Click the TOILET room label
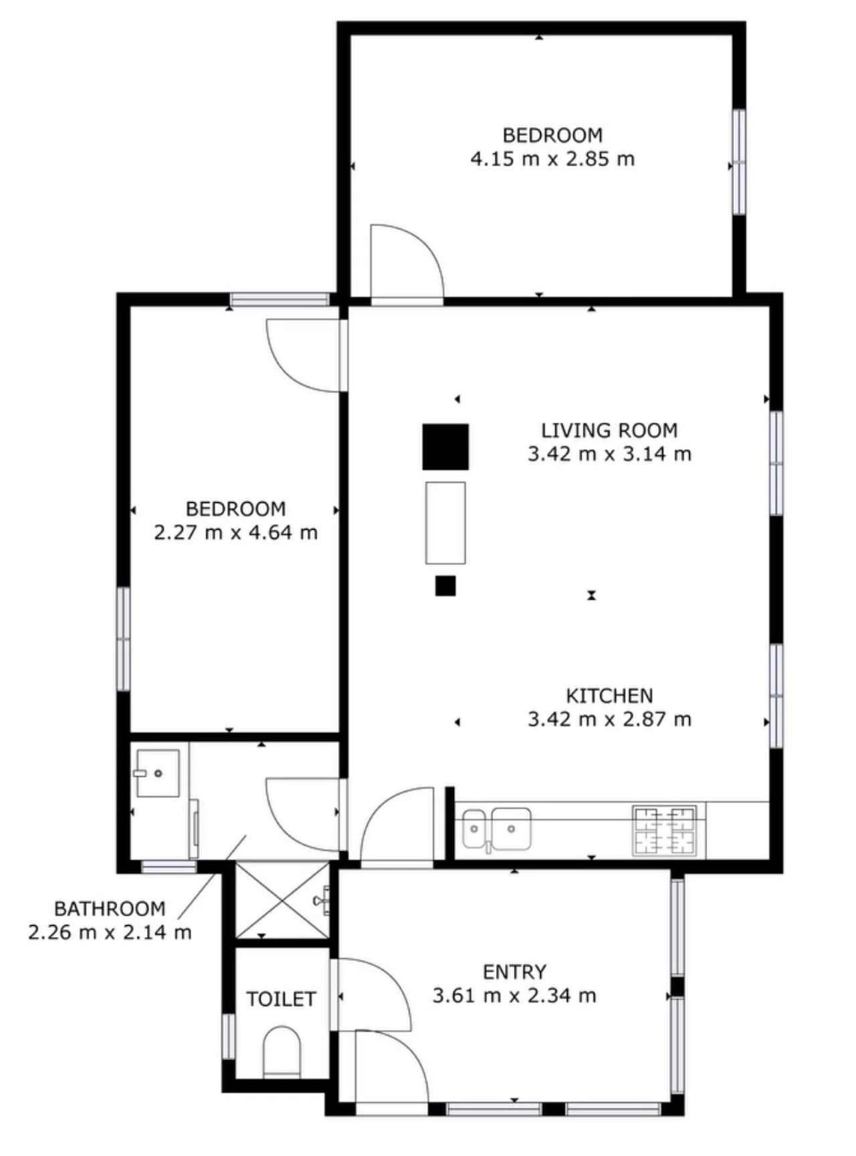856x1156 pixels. tap(281, 999)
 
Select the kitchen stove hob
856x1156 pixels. tap(665, 831)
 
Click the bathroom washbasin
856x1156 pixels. tap(158, 773)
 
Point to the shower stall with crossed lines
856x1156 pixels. tap(283, 899)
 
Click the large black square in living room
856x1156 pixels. tap(445, 446)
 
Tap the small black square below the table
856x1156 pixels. tap(445, 585)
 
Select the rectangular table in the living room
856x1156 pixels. tap(445, 523)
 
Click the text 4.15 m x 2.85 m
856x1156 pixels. tap(552, 159)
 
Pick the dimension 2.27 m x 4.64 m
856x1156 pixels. tap(235, 533)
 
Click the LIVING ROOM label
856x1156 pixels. tap(609, 430)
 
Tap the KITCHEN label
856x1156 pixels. tap(609, 696)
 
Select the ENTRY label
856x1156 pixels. tap(514, 972)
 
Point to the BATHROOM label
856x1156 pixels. tap(110, 909)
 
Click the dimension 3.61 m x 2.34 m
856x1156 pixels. tap(514, 996)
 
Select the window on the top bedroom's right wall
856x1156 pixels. tap(738, 162)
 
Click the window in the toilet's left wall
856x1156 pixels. tap(229, 1036)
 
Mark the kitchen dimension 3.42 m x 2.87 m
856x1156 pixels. tap(609, 720)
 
